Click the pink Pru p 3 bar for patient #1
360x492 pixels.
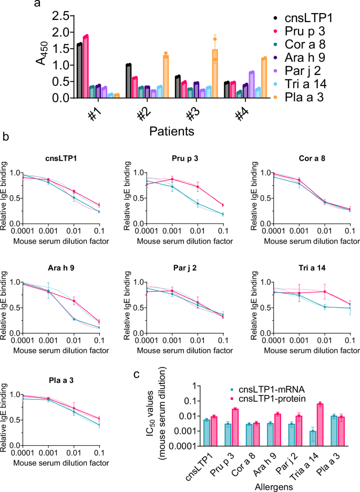coord(86,67)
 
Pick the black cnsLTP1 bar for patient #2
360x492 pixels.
coord(128,81)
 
